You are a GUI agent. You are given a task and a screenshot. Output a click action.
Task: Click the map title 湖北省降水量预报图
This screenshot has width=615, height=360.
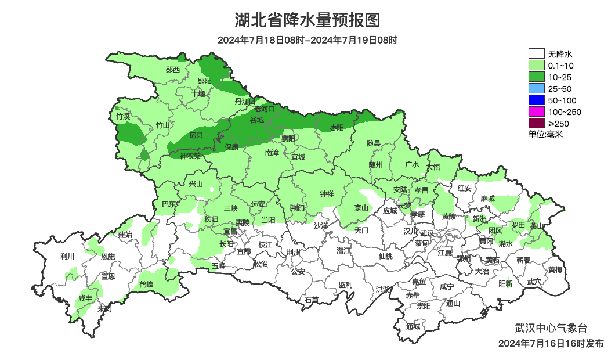(307, 20)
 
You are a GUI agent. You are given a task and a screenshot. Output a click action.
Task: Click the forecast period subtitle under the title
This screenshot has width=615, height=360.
(307, 40)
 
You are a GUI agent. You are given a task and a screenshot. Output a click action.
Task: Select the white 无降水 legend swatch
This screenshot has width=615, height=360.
(537, 54)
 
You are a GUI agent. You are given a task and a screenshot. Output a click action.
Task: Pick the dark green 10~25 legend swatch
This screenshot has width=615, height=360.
(537, 77)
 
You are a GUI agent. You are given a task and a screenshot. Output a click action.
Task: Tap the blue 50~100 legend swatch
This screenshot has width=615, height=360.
(537, 100)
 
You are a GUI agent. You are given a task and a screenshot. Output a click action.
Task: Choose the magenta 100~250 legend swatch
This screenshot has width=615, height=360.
(537, 112)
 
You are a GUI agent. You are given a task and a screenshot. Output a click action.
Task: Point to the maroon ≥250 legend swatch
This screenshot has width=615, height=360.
(537, 123)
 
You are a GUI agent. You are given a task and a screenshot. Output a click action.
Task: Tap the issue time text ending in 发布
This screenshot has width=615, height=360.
(551, 344)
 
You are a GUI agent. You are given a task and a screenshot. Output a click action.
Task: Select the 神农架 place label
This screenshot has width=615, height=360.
(190, 156)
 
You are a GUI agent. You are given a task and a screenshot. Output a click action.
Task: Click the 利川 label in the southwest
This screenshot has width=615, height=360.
(67, 256)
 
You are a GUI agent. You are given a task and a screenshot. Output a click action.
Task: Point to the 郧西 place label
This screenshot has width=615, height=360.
(173, 70)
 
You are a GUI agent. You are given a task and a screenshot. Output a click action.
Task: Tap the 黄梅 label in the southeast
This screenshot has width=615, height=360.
(555, 269)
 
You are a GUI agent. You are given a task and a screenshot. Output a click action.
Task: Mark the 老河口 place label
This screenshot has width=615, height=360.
(267, 109)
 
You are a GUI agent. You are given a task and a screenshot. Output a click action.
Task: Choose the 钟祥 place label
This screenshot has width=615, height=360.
(327, 194)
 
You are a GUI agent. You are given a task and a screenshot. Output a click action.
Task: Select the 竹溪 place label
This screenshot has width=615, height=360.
(123, 116)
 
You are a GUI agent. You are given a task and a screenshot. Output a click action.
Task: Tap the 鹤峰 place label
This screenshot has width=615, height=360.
(146, 285)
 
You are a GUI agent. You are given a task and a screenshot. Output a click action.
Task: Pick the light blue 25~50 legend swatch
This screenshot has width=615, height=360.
(537, 89)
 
